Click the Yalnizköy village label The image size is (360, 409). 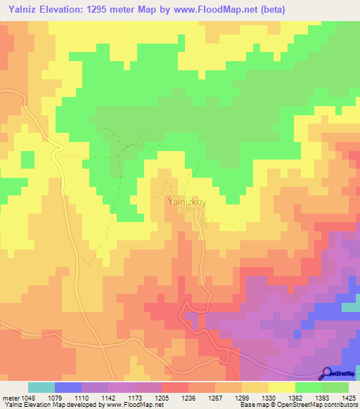[187, 201]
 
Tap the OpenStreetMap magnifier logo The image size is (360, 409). [327, 373]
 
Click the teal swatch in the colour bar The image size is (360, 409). [41, 388]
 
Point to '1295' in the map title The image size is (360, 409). [104, 9]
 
